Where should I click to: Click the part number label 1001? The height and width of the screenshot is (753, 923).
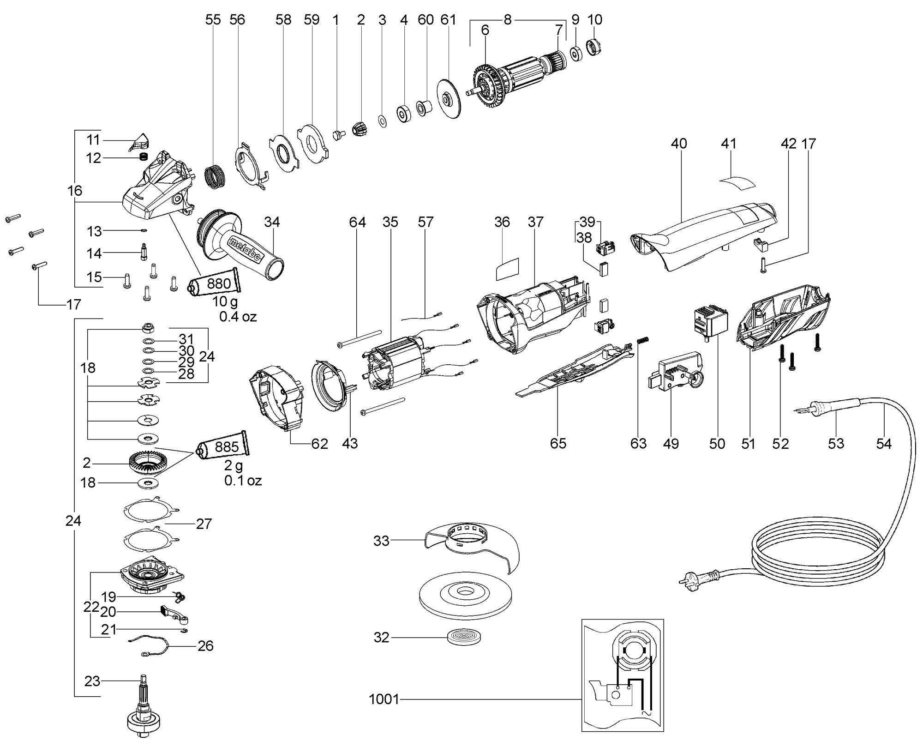(x=384, y=699)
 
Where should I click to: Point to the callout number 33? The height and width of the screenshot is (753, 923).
(x=381, y=541)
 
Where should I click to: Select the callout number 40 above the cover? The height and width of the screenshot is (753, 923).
(x=678, y=144)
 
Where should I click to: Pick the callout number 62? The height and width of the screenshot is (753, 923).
(x=319, y=444)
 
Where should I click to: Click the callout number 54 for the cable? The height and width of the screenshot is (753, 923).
(x=884, y=444)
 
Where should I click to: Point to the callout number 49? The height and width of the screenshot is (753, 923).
(x=671, y=444)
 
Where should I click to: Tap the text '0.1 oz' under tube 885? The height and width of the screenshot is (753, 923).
(x=243, y=481)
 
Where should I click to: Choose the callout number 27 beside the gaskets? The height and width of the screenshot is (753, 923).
(x=204, y=524)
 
